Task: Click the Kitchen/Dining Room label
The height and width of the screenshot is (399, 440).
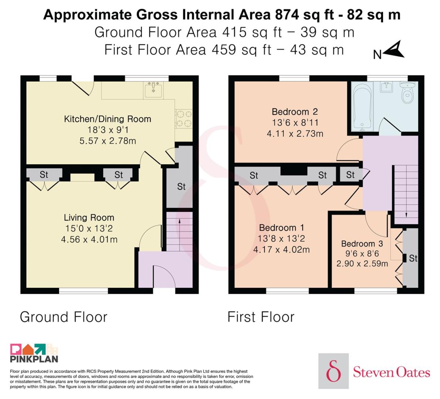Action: pos(107,119)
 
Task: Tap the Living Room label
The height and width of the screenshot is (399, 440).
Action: pos(89,218)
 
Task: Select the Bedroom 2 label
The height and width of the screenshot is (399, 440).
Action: pos(294,112)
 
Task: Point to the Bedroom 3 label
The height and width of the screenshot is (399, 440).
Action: pos(362,244)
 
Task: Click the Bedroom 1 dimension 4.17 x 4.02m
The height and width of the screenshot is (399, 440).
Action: pos(281,250)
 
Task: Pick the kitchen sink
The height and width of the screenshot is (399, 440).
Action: pos(153,90)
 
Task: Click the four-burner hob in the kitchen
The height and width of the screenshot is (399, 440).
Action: pos(183,119)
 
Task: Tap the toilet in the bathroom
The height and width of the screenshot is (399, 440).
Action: pos(407,92)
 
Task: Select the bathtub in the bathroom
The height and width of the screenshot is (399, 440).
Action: pos(362,107)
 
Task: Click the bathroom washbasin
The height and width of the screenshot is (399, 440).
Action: pos(386,87)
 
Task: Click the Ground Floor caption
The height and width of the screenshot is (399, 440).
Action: pos(63,317)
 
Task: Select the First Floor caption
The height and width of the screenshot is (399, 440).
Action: pos(261,317)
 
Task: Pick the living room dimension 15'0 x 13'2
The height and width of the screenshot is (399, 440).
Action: pos(89,228)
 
